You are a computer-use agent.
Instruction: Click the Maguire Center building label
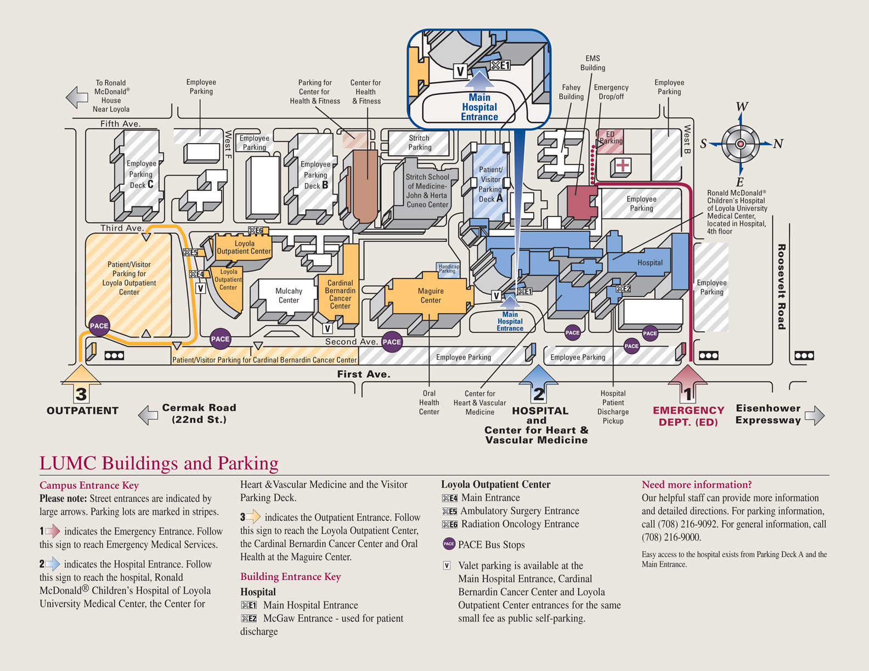431,295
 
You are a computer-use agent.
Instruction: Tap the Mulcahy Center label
289,295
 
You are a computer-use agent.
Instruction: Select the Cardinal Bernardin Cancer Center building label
340,294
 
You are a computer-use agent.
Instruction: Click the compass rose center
741,144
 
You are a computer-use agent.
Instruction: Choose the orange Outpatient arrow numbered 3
81,385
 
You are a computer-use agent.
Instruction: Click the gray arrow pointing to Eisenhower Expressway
815,415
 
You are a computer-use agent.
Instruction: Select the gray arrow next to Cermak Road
148,415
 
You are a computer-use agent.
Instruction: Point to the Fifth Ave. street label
120,124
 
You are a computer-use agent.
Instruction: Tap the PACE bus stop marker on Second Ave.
392,342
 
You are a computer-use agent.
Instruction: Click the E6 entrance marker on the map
256,230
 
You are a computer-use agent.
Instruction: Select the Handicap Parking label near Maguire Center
448,269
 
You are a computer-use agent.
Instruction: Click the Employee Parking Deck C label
141,174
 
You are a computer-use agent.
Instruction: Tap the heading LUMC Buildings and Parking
159,463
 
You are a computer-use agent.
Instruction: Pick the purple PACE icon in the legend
449,544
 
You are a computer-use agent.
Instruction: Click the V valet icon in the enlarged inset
460,71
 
